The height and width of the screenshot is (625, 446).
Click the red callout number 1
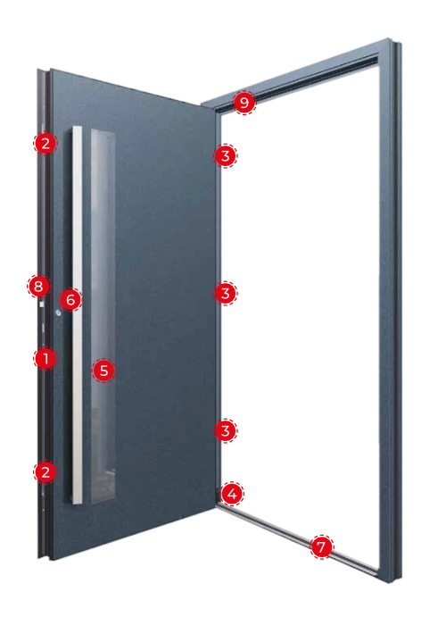coord(45,358)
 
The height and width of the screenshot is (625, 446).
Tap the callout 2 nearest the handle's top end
coord(45,143)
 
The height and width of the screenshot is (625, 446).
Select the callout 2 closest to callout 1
coord(45,472)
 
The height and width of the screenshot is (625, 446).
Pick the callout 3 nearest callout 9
coord(226,155)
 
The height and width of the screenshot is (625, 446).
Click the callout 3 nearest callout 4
coord(226,430)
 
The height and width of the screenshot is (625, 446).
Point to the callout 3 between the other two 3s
coord(226,294)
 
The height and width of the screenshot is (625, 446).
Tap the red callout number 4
coord(232,495)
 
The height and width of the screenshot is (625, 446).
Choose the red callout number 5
coord(103,371)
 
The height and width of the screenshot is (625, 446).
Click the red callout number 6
coord(70,299)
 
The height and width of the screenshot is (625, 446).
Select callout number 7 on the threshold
coord(321,546)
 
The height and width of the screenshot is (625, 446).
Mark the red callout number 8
coord(38,287)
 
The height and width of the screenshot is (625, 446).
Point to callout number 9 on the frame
coord(244,103)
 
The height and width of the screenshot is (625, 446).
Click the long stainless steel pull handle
coord(78,315)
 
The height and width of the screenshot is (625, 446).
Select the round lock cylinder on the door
coord(58,313)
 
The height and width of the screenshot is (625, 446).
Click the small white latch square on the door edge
coord(41,304)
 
